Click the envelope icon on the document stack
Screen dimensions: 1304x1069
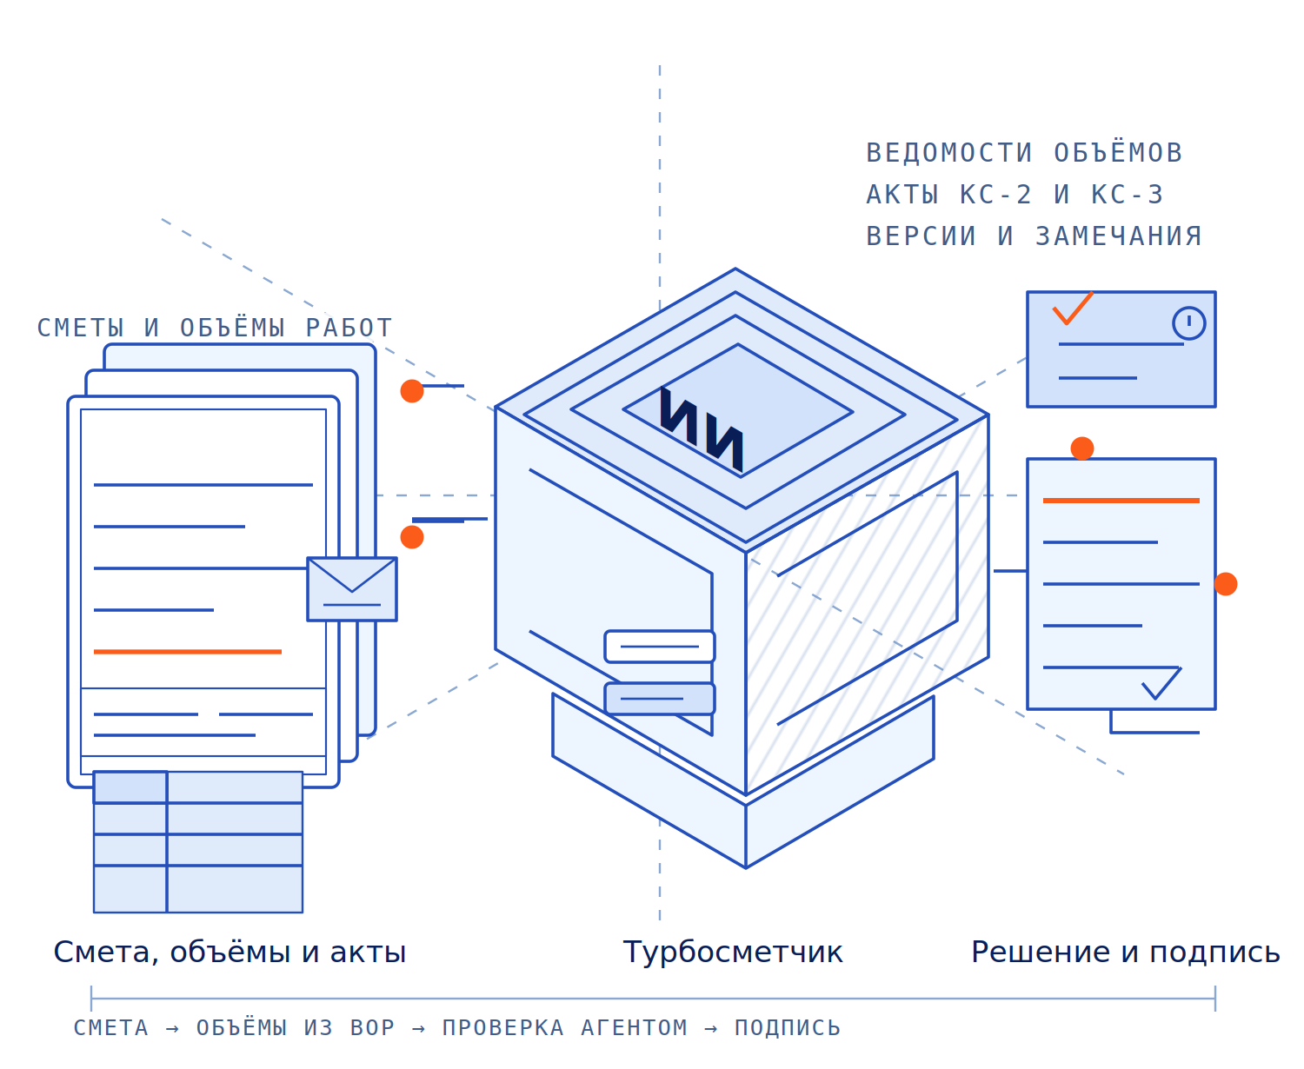point(352,588)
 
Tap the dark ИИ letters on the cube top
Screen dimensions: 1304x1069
point(702,428)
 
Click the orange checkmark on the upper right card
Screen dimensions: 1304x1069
point(1073,308)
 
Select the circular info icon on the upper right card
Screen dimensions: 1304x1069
point(1188,322)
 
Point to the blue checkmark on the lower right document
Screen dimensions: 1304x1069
point(1161,682)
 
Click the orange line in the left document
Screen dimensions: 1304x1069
point(188,651)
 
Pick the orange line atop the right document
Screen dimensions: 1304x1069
point(1121,501)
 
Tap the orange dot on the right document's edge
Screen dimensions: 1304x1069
point(1225,584)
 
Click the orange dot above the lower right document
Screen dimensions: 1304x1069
point(1081,448)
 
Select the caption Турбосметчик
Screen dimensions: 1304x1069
point(732,952)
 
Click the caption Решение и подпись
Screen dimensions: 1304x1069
point(1125,952)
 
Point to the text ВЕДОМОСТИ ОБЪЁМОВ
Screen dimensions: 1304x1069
point(1024,153)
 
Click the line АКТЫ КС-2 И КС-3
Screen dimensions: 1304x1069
point(1015,194)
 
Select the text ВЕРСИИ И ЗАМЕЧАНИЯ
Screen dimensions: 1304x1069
point(1033,236)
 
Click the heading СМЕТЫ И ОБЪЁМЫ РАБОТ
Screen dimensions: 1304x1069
point(215,328)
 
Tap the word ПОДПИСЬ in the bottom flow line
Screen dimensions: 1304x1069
point(787,1028)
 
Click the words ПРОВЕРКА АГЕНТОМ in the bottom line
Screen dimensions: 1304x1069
point(564,1028)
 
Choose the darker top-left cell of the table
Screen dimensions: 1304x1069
point(130,787)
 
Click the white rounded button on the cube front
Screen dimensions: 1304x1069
point(659,646)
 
